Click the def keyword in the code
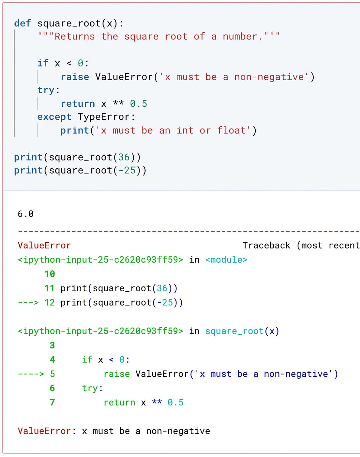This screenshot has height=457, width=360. [22, 23]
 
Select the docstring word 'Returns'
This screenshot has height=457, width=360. [74, 37]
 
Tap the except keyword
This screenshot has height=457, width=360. [54, 117]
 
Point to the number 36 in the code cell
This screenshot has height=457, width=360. [124, 157]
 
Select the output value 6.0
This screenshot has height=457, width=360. [26, 214]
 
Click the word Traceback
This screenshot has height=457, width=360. [266, 245]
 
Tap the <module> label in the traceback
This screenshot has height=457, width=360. [226, 260]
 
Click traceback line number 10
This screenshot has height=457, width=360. [50, 274]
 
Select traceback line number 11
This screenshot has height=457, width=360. [50, 288]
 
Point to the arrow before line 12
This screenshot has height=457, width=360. [28, 303]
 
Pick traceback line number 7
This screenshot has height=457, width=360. [52, 403]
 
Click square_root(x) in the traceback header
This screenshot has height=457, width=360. [242, 331]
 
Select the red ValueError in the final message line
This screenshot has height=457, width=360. [44, 431]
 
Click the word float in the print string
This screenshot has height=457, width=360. [232, 130]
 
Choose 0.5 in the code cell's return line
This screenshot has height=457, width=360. [139, 104]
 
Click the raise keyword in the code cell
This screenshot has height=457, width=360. [75, 77]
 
